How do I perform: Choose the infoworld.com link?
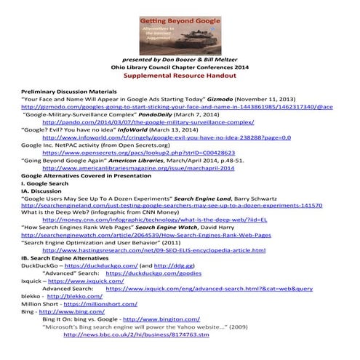167,136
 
